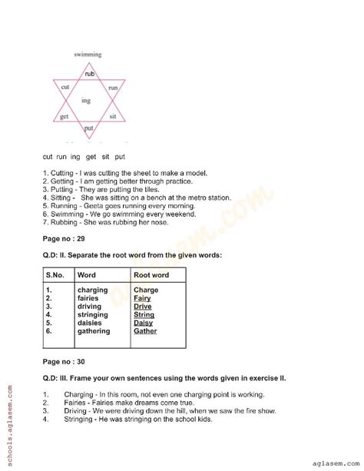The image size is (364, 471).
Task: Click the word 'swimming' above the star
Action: tap(88, 55)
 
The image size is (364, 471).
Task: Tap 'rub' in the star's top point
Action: tap(89, 74)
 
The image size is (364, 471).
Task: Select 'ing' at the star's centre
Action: tap(87, 101)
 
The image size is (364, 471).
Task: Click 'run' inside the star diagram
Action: tap(112, 88)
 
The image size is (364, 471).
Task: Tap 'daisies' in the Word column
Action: tap(94, 323)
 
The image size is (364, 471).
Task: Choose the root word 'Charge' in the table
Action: tap(145, 290)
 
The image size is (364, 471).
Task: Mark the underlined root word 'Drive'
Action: tap(143, 307)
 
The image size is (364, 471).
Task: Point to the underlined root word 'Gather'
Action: tap(145, 331)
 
